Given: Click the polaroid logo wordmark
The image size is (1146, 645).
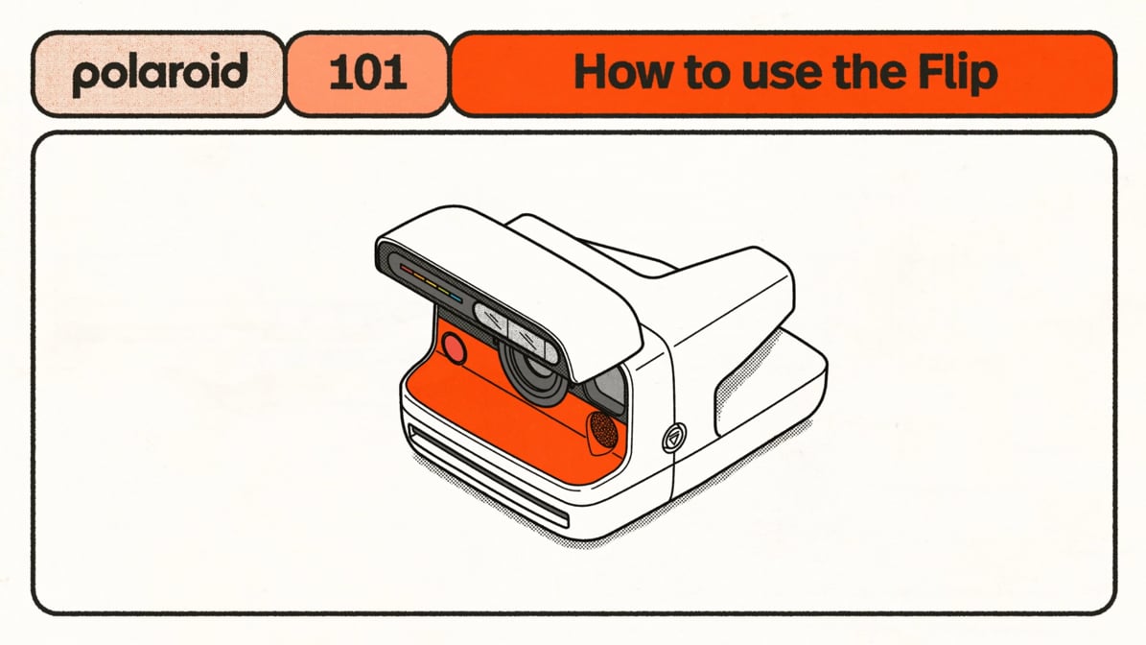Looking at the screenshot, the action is (160, 73).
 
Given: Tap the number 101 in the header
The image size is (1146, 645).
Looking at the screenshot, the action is (367, 73).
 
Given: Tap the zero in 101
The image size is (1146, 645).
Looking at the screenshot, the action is (367, 73).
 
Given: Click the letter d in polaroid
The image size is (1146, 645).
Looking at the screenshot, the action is (235, 71).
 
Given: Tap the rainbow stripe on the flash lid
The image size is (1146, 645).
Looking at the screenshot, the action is (432, 284).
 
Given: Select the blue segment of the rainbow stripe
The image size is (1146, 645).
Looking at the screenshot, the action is (456, 299).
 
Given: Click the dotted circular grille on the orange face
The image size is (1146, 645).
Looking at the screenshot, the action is (604, 429).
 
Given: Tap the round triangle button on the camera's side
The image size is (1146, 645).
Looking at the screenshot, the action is (674, 438).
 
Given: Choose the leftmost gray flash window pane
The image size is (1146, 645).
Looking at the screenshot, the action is (491, 318).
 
